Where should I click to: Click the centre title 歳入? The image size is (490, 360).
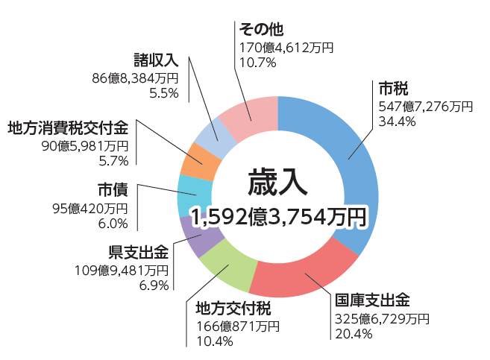(277, 182)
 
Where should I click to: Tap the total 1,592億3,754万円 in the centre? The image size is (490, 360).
(277, 218)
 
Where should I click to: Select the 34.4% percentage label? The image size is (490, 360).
(398, 122)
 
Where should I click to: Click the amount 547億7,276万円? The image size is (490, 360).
(426, 107)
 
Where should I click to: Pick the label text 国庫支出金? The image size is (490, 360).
(372, 300)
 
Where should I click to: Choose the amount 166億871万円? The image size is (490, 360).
(237, 326)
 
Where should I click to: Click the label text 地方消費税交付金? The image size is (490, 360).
(68, 127)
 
